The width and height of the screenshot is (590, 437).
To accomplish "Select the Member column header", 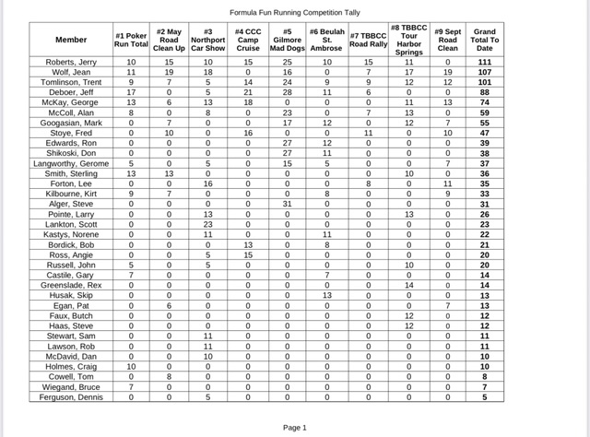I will (x=71, y=40).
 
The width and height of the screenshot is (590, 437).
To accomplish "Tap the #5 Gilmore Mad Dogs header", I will (x=287, y=40).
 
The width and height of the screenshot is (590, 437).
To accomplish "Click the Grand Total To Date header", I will (x=484, y=40).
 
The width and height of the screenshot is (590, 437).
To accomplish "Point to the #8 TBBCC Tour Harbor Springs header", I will (x=408, y=40).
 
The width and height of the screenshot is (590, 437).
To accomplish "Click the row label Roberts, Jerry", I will (x=71, y=61).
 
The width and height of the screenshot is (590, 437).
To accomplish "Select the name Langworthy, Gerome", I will (x=71, y=163).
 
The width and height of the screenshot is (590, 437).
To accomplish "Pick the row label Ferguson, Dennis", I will (x=71, y=397).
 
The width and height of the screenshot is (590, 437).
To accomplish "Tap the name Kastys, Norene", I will (x=71, y=234).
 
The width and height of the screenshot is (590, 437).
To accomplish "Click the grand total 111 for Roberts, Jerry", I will (x=484, y=61).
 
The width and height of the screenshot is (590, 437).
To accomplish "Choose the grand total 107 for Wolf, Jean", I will (x=484, y=71).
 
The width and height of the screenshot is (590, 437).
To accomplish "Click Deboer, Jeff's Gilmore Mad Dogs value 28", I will (x=287, y=91).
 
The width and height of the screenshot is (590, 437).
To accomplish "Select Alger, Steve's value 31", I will (x=287, y=204).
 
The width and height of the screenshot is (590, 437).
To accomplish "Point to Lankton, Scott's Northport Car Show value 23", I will (x=207, y=224).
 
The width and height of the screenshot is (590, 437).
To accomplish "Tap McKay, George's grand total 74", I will (x=484, y=101).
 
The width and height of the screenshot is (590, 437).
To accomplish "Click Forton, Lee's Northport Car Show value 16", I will (x=207, y=183).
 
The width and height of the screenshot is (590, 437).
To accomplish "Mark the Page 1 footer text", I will (x=294, y=427).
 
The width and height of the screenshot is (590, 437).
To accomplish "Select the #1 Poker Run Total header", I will (x=131, y=40).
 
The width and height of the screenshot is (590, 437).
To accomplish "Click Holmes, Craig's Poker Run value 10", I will (x=131, y=367).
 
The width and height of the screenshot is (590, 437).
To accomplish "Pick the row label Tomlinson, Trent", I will (x=71, y=81).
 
